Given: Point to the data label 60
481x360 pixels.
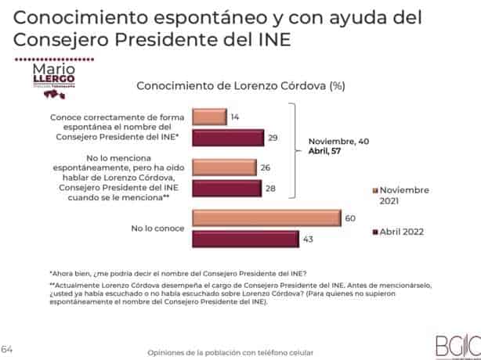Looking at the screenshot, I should coord(350,218).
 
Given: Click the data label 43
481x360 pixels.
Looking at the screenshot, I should coord(308,239).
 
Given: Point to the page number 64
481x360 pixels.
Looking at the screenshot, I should coord(8,348).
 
